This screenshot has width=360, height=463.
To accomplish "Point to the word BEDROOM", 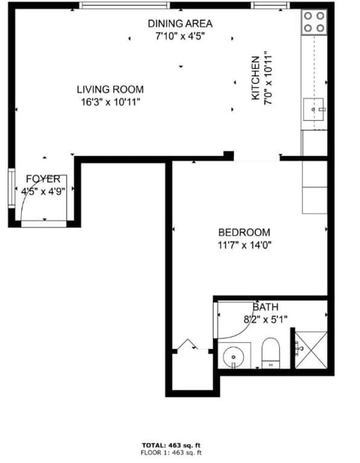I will point(244,233).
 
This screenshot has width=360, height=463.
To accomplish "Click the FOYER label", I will point(42,179).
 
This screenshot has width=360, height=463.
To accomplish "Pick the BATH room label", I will point(265,307).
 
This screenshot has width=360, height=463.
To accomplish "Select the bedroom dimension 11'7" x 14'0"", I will point(244,245).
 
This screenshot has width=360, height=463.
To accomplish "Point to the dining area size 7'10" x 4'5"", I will point(179,35).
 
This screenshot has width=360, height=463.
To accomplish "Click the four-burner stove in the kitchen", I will point(315,22).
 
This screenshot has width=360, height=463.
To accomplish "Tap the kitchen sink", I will point(313,111).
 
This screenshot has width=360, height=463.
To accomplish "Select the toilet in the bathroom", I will point(270,352).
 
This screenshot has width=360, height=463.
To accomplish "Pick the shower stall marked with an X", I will point(309,349).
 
